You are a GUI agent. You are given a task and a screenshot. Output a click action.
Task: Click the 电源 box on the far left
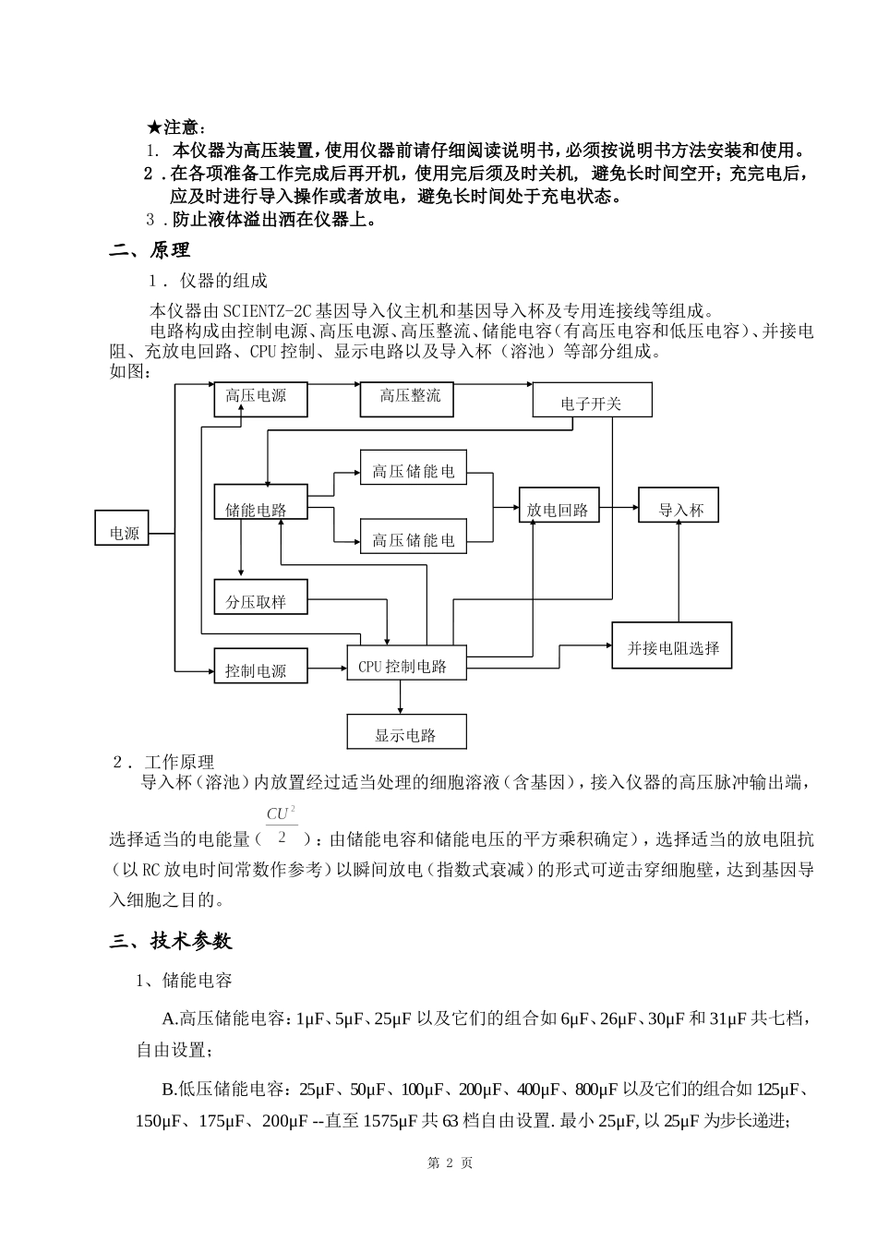coord(123,533)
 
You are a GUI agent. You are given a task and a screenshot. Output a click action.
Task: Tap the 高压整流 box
coord(412,398)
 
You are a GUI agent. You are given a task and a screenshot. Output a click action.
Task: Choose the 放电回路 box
coord(559,508)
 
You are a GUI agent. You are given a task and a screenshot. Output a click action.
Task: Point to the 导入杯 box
coord(680,508)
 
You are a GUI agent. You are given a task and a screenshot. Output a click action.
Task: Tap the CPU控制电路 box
coord(406,665)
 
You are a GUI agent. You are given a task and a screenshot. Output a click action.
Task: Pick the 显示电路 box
coord(406,733)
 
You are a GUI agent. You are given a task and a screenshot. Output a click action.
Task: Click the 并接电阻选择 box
coord(672,646)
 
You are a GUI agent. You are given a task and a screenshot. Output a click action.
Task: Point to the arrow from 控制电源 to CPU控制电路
coord(327,667)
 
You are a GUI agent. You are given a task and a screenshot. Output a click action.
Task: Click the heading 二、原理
coord(150,249)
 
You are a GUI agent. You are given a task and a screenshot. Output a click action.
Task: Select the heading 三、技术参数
coord(171,941)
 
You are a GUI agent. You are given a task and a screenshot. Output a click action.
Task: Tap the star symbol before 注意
coord(155,127)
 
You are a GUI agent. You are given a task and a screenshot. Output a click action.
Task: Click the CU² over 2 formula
coord(281,825)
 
